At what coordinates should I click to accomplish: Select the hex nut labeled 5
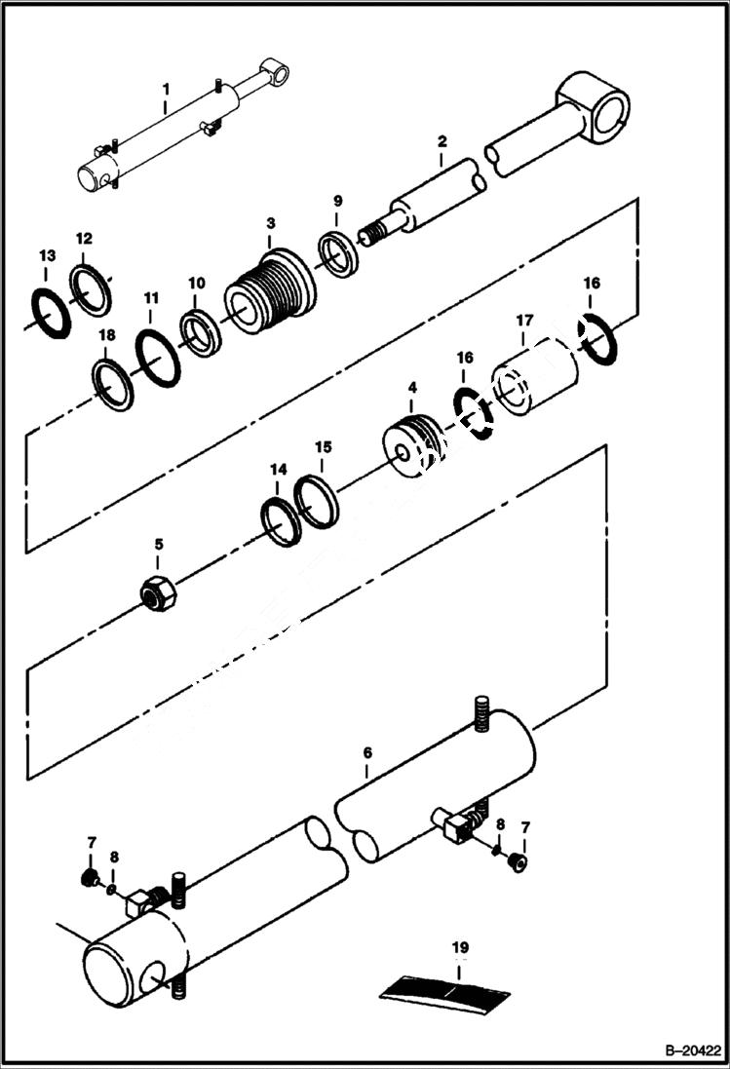point(156,592)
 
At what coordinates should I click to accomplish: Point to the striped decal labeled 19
point(444,986)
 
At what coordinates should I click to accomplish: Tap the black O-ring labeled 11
point(157,357)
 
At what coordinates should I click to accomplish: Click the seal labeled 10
point(200,331)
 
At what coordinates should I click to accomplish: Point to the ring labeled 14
point(282,520)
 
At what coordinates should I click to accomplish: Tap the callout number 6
point(366,753)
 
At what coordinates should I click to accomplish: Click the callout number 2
point(441,142)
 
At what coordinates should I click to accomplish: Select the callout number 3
point(271,223)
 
